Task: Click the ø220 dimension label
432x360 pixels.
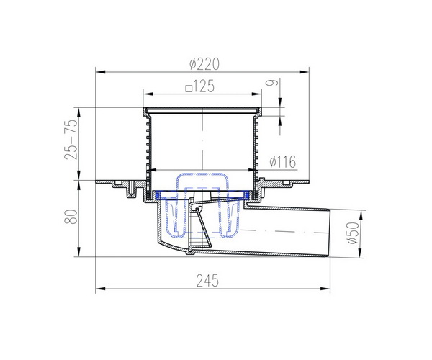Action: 204,64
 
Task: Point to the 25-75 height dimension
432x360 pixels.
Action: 71,140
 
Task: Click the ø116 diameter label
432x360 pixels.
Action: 283,162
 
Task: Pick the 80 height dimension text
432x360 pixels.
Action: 71,217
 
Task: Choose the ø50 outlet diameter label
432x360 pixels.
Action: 354,233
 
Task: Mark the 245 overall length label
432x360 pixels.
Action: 207,281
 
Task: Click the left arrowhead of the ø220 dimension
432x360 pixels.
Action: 101,72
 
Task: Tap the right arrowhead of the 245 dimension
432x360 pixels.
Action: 325,289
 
